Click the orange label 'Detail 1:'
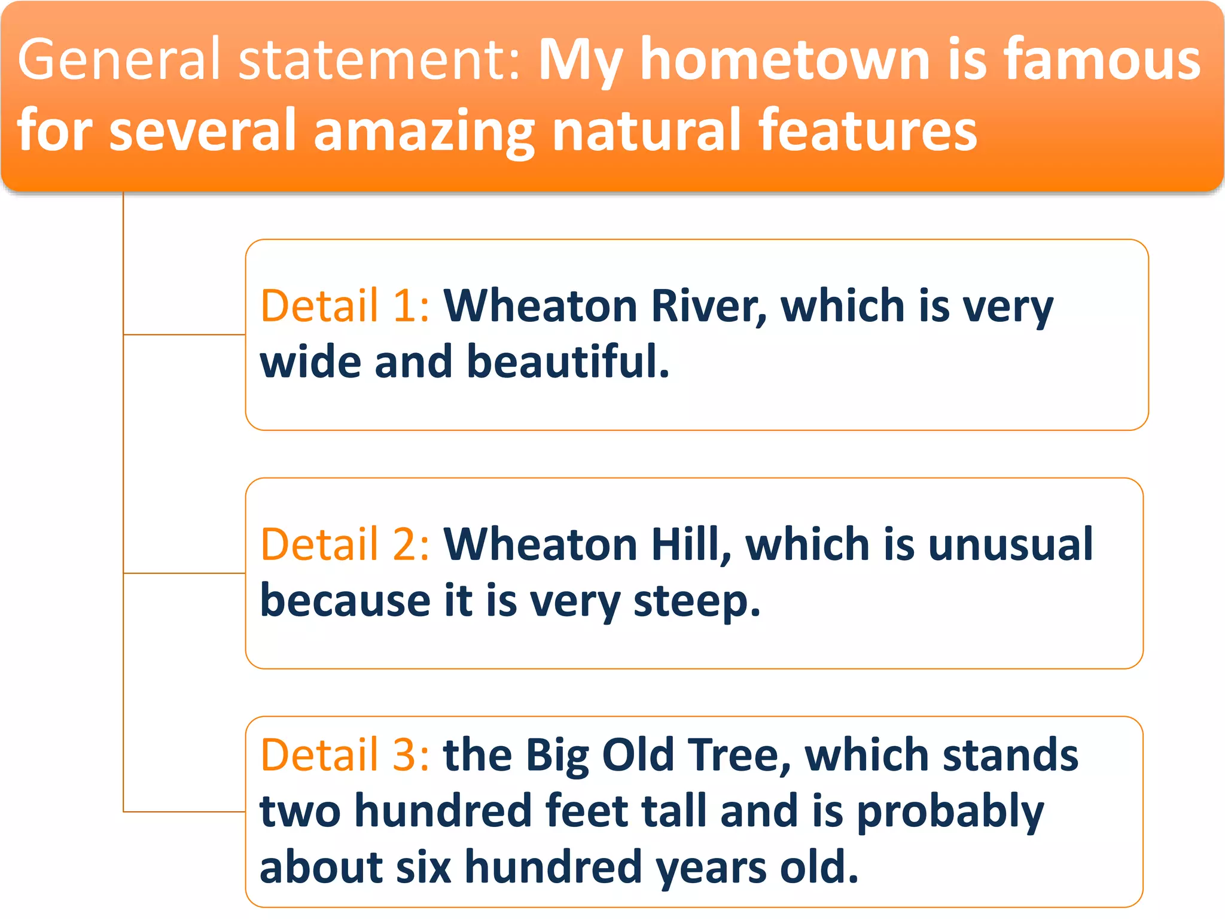345,306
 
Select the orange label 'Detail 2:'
345,544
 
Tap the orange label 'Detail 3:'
345,754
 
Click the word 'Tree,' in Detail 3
739,754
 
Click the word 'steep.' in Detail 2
697,601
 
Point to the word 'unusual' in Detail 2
1010,544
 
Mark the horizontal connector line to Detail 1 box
184,334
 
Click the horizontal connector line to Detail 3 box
184,811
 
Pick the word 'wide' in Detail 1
310,362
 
